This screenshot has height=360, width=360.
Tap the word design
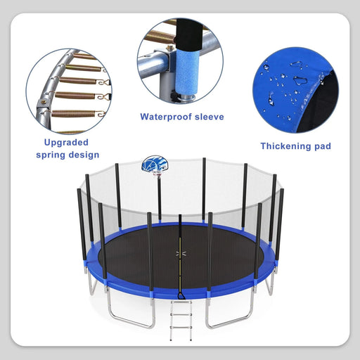84,155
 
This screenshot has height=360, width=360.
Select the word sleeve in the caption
209,117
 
